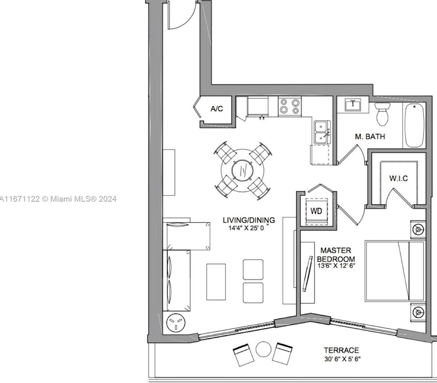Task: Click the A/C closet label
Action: [x=217, y=109]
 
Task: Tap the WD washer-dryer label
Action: [x=316, y=211]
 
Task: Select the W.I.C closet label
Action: [x=399, y=178]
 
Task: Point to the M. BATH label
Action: [x=370, y=136]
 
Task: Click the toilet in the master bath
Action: [x=382, y=114]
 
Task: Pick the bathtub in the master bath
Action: [x=415, y=125]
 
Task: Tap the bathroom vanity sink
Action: [x=353, y=105]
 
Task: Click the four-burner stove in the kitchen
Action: [x=290, y=106]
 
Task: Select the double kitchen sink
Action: [x=322, y=132]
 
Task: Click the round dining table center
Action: [x=242, y=170]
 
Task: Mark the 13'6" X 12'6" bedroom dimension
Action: [x=336, y=265]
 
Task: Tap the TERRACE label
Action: [x=341, y=350]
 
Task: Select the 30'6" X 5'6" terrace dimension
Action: [x=342, y=359]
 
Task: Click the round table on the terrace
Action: [x=263, y=349]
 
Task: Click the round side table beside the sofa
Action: [x=176, y=323]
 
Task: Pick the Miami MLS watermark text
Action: [x=58, y=199]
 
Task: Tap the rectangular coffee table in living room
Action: [x=216, y=282]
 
